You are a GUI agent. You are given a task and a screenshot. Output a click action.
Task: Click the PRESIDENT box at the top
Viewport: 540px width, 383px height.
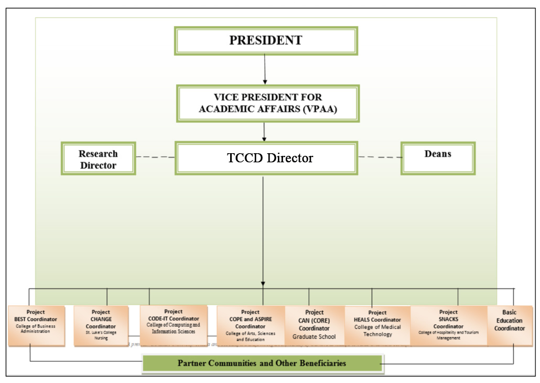pyautogui.click(x=266, y=41)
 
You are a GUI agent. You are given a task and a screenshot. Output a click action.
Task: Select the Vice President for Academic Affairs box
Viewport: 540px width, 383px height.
pyautogui.click(x=268, y=104)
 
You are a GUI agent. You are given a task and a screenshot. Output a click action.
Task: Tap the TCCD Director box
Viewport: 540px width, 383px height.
pyautogui.click(x=267, y=158)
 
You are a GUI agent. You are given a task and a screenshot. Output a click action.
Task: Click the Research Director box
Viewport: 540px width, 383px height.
pyautogui.click(x=98, y=158)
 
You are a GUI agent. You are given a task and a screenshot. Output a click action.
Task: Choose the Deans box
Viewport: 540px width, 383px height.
pyautogui.click(x=438, y=158)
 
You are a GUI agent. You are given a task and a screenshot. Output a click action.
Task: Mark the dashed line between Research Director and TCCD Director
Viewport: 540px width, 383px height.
pyautogui.click(x=155, y=157)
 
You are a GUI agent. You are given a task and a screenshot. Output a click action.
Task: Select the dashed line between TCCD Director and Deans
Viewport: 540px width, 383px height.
pyautogui.click(x=380, y=157)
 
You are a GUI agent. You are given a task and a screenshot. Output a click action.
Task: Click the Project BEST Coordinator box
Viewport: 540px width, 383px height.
pyautogui.click(x=36, y=325)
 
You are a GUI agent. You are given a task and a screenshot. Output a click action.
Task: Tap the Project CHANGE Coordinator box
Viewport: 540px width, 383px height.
pyautogui.click(x=101, y=326)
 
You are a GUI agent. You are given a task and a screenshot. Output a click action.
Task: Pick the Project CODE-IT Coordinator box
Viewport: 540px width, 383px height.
pyautogui.click(x=173, y=325)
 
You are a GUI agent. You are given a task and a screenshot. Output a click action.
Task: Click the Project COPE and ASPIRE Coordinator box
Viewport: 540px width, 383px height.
pyautogui.click(x=251, y=326)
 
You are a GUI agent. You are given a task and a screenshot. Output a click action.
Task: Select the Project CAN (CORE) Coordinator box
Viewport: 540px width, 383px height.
pyautogui.click(x=315, y=326)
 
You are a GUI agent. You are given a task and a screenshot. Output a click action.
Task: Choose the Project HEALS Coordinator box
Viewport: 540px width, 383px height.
pyautogui.click(x=377, y=326)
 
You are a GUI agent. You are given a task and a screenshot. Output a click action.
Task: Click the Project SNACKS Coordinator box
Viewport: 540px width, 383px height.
pyautogui.click(x=448, y=326)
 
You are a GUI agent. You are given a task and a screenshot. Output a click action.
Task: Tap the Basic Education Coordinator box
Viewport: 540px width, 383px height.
pyautogui.click(x=509, y=326)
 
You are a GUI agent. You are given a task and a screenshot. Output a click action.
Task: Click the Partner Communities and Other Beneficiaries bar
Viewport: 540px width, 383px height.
pyautogui.click(x=262, y=363)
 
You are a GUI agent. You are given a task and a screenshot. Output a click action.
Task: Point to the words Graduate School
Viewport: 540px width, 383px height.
pyautogui.click(x=315, y=337)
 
